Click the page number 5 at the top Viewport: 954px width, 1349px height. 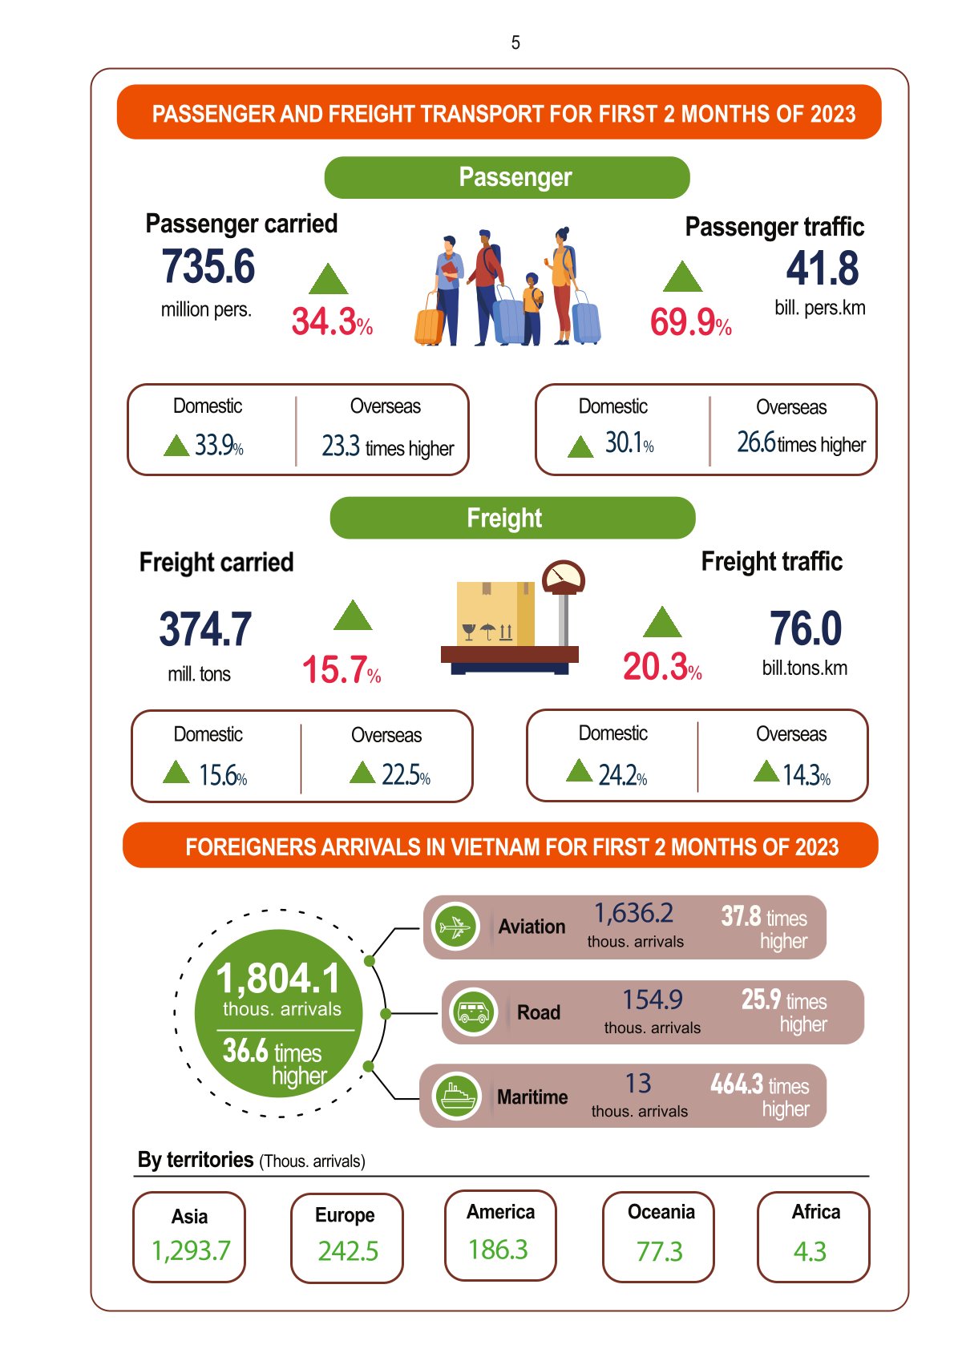coord(515,42)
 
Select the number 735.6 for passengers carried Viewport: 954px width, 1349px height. coord(208,267)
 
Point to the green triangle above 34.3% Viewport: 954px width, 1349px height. coord(329,280)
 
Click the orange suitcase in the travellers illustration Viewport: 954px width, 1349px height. coord(430,325)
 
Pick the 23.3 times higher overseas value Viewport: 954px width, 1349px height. coord(387,446)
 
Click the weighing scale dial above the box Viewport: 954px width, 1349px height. coord(564,577)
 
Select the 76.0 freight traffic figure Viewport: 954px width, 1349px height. coord(806,628)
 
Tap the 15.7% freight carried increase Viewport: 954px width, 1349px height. coord(341,670)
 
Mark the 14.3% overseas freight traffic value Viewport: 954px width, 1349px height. coord(806,775)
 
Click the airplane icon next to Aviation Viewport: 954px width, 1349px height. coord(455,927)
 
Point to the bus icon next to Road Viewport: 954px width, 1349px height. coord(473,1012)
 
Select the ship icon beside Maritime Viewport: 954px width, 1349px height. coord(455,1096)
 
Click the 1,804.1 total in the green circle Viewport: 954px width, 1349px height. coord(279,979)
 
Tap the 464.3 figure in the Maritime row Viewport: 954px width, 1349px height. coord(737,1084)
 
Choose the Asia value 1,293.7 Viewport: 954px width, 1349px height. coord(191,1250)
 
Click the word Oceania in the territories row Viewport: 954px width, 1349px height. coord(661,1212)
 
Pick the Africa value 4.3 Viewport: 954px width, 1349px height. coord(810,1251)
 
